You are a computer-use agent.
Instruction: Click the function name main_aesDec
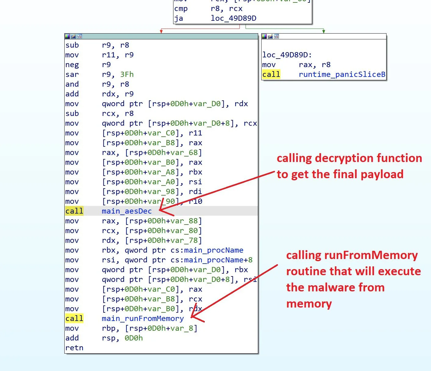click(126, 211)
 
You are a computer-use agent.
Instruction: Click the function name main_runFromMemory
click(143, 319)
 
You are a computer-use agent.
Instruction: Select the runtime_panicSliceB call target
click(342, 74)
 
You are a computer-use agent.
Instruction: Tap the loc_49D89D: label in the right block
click(287, 55)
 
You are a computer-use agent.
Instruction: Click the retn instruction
click(74, 348)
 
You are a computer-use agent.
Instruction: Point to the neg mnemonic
click(72, 65)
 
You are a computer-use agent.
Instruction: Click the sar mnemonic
click(72, 74)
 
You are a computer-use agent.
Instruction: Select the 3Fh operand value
click(127, 74)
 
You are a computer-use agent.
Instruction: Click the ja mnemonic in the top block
click(179, 18)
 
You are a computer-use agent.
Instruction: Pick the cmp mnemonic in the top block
click(181, 9)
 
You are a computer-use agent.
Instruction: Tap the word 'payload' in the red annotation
click(382, 174)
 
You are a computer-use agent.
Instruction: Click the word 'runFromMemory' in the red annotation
click(371, 255)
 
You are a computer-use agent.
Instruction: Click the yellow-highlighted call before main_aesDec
click(74, 211)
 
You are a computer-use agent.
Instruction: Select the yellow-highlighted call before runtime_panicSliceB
click(271, 74)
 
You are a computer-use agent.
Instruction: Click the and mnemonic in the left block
click(72, 84)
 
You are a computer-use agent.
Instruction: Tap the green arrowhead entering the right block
click(324, 31)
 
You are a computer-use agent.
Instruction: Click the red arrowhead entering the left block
click(161, 31)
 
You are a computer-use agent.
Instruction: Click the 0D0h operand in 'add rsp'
click(134, 338)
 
